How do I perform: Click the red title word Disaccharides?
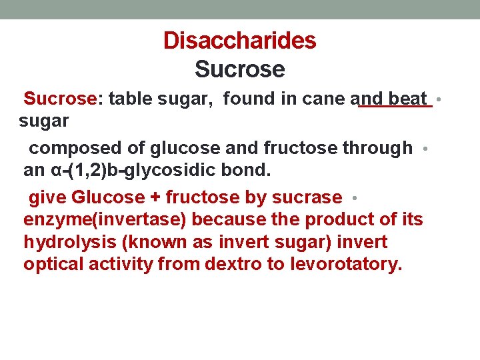[239, 41]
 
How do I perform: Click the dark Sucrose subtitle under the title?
[239, 69]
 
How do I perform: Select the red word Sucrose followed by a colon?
[61, 99]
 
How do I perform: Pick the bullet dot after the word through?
[425, 149]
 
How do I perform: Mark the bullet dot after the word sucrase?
[356, 199]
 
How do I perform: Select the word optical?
[54, 264]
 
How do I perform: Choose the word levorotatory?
[347, 264]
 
